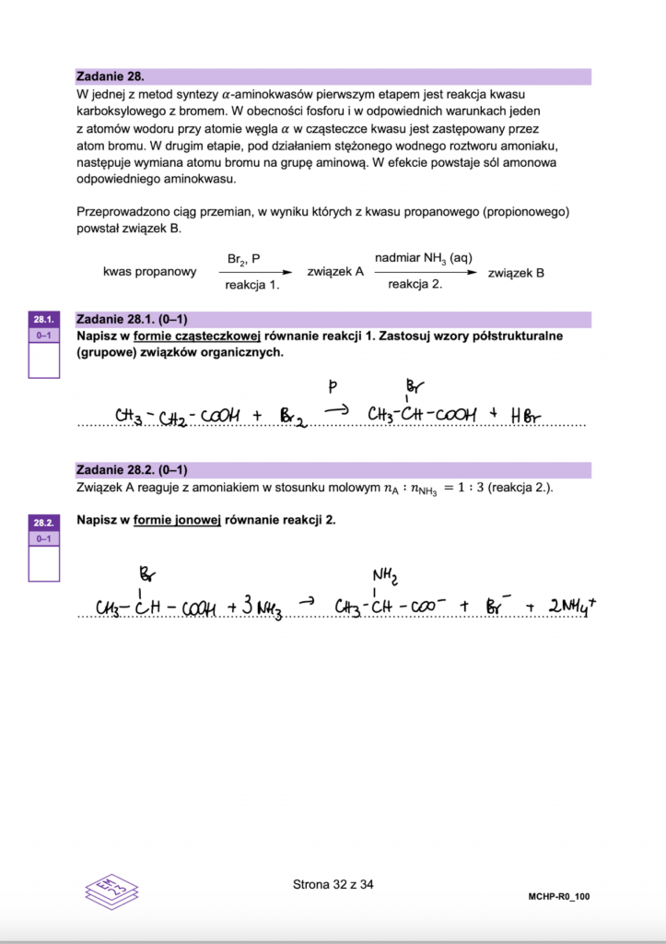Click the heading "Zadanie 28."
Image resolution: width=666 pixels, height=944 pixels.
tap(111, 77)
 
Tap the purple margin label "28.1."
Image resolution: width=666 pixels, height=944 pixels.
tap(43, 320)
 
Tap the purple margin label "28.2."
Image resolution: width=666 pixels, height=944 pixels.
tap(43, 522)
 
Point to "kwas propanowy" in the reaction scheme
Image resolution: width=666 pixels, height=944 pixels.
tap(151, 273)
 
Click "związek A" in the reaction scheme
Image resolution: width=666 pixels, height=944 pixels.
tap(335, 273)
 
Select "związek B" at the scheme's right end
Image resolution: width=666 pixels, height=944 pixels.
tap(516, 273)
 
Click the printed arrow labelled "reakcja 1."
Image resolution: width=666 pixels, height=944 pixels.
tap(260, 273)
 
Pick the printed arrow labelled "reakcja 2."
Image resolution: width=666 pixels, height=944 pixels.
tap(425, 273)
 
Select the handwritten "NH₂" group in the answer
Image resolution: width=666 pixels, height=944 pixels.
tap(385, 578)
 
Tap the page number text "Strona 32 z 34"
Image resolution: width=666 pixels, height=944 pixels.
tap(333, 885)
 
